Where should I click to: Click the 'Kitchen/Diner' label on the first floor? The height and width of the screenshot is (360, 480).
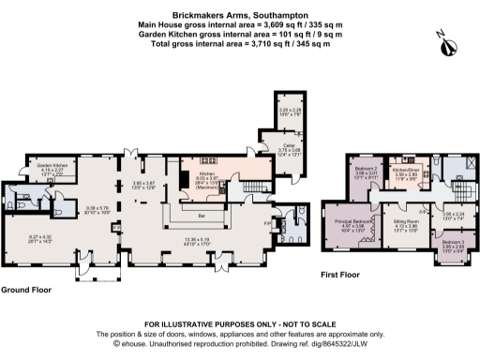tap(412, 170)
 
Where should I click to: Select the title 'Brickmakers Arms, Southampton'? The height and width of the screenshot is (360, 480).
tap(239, 7)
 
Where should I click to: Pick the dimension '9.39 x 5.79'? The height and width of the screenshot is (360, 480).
tap(97, 207)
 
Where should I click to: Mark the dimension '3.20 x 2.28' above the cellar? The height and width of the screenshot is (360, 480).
tap(290, 109)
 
